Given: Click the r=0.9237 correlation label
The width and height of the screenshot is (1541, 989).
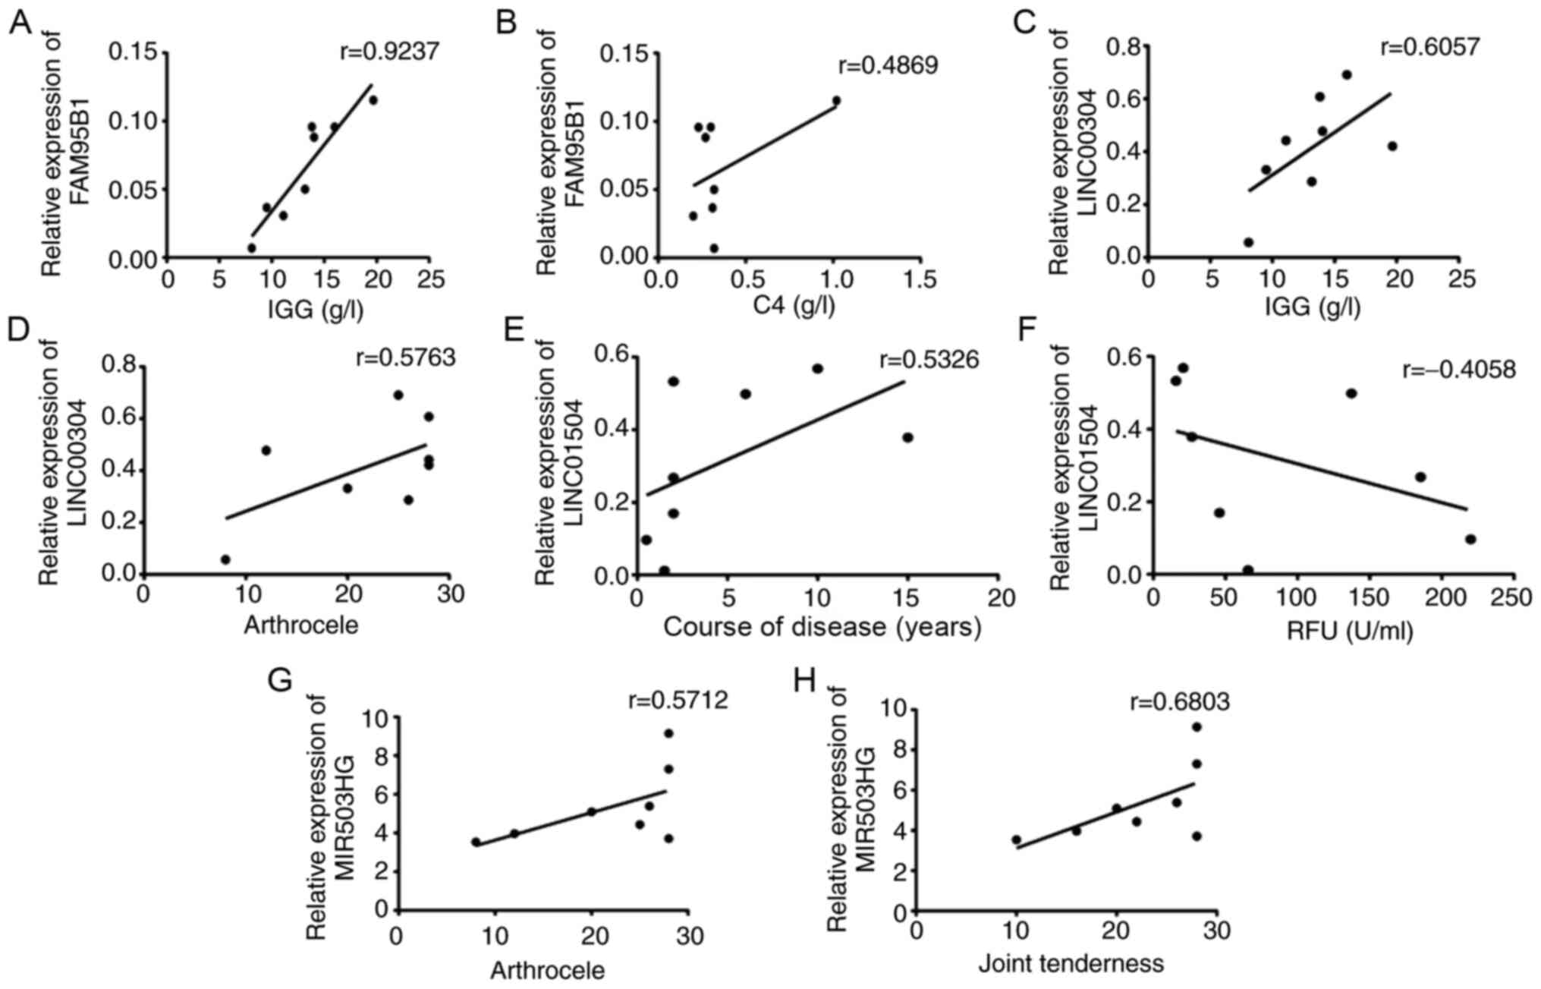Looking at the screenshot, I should (389, 52).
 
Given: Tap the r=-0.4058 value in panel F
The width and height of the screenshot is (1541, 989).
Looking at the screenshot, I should (1458, 370).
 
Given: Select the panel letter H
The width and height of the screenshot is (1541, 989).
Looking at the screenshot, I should (804, 681).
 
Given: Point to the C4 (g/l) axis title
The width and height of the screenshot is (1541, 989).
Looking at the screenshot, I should (794, 305).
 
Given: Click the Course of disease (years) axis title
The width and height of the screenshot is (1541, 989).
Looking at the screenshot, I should (822, 627).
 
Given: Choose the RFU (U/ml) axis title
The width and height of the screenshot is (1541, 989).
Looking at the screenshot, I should (1349, 630).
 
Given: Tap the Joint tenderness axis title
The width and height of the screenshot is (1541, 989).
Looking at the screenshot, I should (1071, 964).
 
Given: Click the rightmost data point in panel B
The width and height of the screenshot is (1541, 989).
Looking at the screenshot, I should (836, 100).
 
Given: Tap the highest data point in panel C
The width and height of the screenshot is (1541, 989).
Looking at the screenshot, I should (1347, 74).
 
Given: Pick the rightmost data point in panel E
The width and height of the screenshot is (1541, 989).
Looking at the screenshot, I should (907, 437).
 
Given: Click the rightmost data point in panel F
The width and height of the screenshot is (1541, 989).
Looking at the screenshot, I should (1470, 539).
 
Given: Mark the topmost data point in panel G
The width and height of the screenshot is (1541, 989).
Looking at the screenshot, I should (668, 733).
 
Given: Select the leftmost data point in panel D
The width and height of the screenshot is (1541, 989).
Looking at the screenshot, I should (225, 559).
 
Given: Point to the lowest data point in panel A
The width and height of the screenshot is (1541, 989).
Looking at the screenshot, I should (252, 247).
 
